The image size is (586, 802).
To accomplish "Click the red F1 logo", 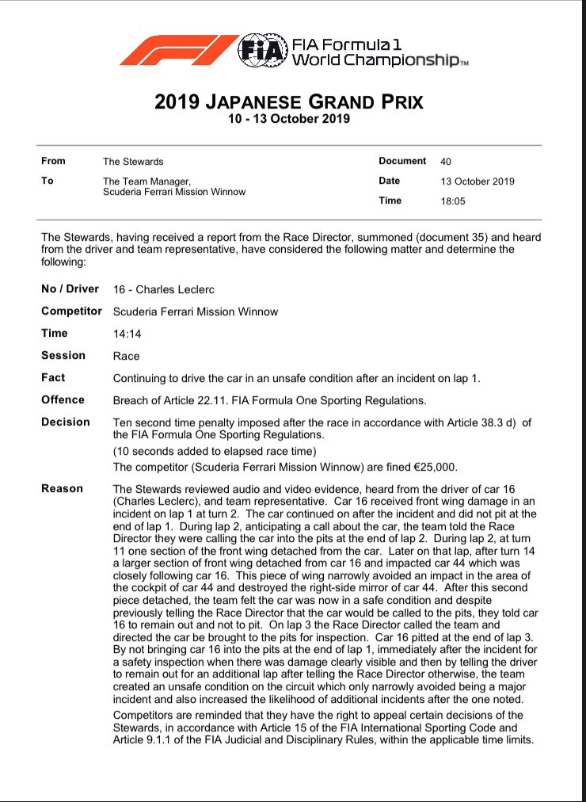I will point(178,49).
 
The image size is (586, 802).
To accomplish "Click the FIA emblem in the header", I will point(262,49).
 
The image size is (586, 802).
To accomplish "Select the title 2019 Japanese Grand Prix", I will point(288,102).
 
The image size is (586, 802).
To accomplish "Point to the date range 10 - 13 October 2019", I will point(288,119).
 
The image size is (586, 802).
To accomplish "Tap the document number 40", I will point(446,162).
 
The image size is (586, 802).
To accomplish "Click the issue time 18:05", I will point(453,201).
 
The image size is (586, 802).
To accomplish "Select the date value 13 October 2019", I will point(478,181).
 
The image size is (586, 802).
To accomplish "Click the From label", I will point(54,161).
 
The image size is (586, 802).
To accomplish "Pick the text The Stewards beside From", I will point(133,162).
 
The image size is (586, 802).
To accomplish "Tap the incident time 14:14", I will point(127,334).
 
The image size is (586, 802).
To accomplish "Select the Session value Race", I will point(127,356).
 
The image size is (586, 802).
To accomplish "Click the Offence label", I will point(63,399).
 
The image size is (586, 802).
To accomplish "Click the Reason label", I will point(62,488).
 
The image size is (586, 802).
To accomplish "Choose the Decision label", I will point(65,422).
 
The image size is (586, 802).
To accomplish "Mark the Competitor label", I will point(71,311).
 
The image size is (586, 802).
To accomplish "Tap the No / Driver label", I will point(70,288).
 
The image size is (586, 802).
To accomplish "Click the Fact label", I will point(53,377).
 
